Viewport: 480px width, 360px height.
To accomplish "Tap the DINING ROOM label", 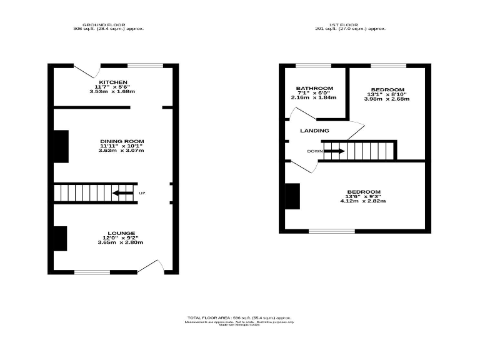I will pos(121,141).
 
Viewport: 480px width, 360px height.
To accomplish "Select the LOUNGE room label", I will pos(121,232).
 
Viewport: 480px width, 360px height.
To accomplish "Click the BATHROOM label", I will pos(314,88).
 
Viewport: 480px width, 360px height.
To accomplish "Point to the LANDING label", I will pos(314,131).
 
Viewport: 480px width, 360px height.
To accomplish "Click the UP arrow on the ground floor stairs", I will pos(122,193).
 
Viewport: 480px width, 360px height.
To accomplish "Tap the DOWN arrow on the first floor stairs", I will pos(334,151).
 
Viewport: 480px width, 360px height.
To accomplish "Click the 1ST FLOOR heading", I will pos(350,24).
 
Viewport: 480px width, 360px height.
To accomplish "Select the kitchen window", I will pos(146,65).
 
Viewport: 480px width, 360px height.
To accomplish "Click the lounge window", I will pos(92,272).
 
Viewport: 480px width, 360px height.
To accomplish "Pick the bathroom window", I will pos(313,65).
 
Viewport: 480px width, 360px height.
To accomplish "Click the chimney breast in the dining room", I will pos(61,147).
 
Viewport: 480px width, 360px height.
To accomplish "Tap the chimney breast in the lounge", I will pos(61,238).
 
